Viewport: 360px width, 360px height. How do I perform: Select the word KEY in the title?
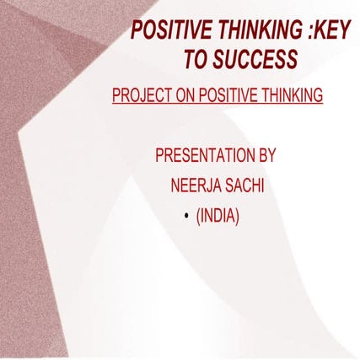pyautogui.click(x=331, y=32)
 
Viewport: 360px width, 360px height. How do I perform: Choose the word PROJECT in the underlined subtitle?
pyautogui.click(x=141, y=96)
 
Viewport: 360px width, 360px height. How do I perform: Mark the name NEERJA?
pyautogui.click(x=193, y=186)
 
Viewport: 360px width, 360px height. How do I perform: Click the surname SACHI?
pyautogui.click(x=244, y=186)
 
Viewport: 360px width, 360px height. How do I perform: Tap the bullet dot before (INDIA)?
pyautogui.click(x=185, y=218)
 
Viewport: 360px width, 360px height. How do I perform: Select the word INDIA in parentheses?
pyautogui.click(x=218, y=217)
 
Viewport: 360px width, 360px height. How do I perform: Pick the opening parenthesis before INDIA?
pyautogui.click(x=199, y=217)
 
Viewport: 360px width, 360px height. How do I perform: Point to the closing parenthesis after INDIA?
pyautogui.click(x=238, y=217)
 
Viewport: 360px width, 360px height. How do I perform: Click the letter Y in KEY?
pyautogui.click(x=344, y=32)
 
